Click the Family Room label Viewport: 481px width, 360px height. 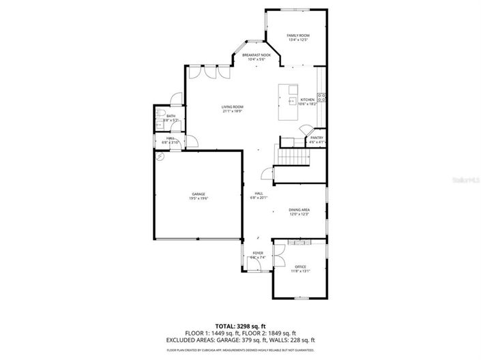click(x=298, y=35)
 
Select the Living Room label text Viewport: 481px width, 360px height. click(x=232, y=107)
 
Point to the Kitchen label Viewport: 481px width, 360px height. click(x=308, y=100)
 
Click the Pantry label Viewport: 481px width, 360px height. click(x=317, y=138)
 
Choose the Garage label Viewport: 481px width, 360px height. click(x=199, y=194)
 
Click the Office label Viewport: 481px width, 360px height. click(x=300, y=267)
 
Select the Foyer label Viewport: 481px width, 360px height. click(x=258, y=253)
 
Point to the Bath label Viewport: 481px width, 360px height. click(x=171, y=116)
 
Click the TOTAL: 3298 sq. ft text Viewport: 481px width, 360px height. click(x=240, y=327)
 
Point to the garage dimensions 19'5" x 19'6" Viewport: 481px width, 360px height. click(x=199, y=198)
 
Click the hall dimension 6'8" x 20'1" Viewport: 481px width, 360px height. click(x=259, y=198)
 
